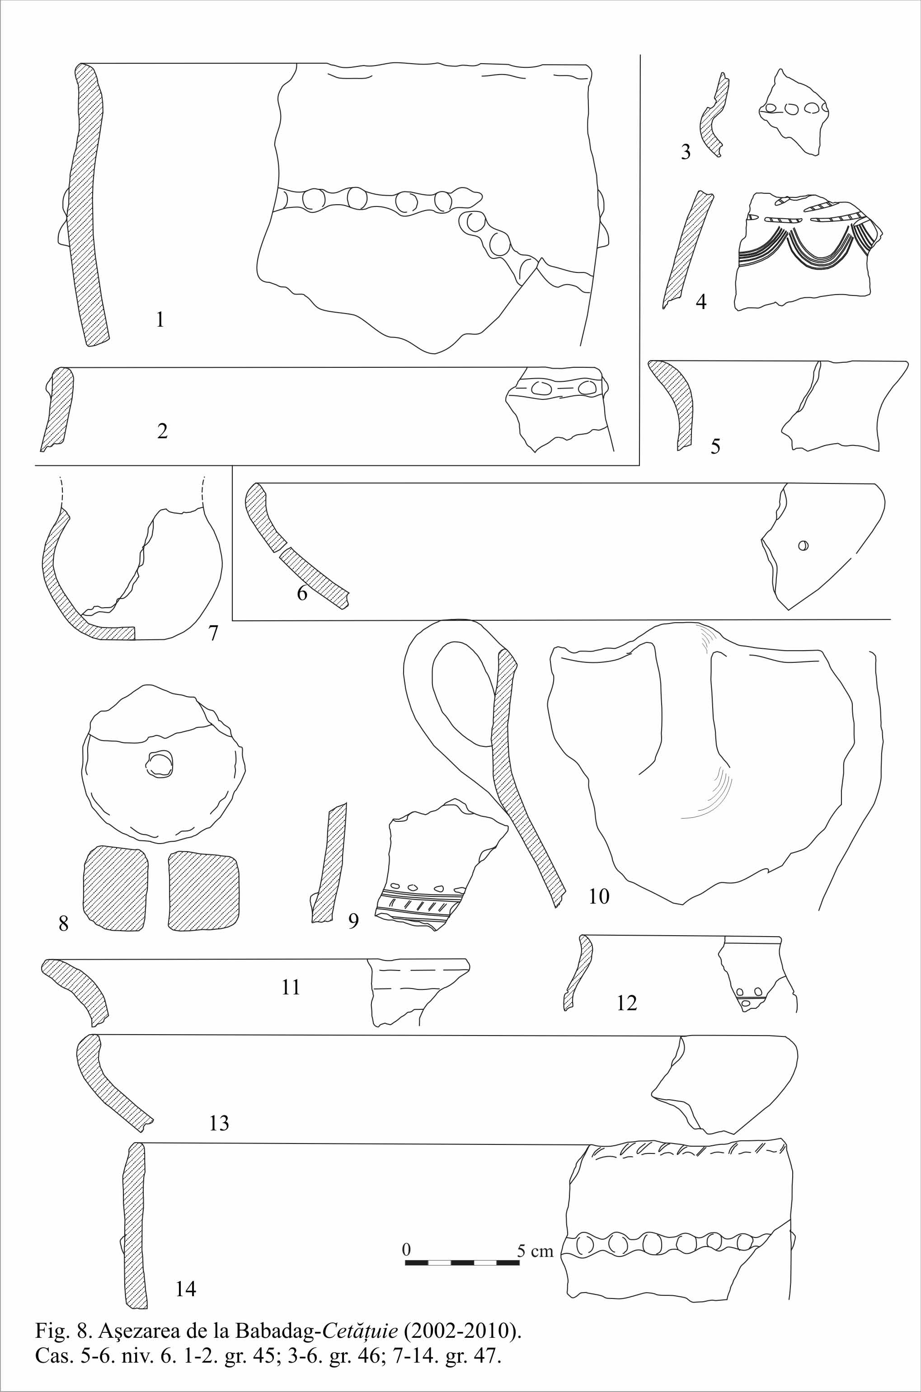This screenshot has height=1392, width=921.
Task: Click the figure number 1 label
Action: coord(160,320)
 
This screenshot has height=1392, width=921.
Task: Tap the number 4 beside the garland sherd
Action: coord(701,302)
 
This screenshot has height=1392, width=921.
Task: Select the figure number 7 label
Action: coord(213,633)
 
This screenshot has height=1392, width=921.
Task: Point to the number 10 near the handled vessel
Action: coord(599,896)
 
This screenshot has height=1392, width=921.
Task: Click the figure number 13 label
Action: coord(219,1123)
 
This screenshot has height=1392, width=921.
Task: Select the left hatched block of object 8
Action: coord(116,888)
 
